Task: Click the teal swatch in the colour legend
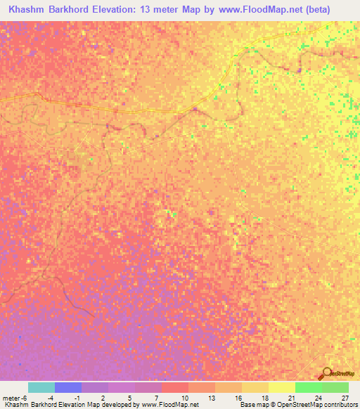pyautogui.click(x=41, y=387)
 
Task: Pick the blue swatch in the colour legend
pyautogui.click(x=68, y=387)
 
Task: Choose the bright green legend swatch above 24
pyautogui.click(x=308, y=387)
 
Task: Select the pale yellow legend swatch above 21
pyautogui.click(x=281, y=387)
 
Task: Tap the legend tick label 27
pyautogui.click(x=344, y=398)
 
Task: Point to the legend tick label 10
pyautogui.click(x=184, y=398)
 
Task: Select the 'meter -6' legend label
pyautogui.click(x=15, y=398)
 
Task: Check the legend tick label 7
pyautogui.click(x=157, y=398)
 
